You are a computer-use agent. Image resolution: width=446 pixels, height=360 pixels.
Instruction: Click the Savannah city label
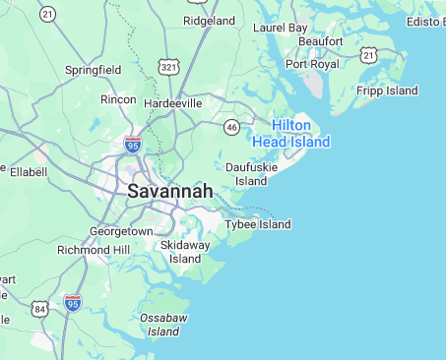click(169, 191)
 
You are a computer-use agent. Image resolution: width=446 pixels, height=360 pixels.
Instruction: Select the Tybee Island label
click(258, 224)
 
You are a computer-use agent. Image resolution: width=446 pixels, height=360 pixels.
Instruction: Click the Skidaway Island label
click(185, 251)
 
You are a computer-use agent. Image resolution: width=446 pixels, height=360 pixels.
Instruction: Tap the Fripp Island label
click(389, 90)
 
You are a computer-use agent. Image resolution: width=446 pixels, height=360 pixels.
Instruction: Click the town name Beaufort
click(320, 41)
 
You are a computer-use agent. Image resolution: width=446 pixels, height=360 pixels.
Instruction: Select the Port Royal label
click(312, 64)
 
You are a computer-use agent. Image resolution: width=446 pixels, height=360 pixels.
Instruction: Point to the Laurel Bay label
click(281, 28)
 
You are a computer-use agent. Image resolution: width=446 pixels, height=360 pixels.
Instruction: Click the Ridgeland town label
click(209, 21)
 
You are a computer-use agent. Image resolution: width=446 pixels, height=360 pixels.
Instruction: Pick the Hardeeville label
click(172, 102)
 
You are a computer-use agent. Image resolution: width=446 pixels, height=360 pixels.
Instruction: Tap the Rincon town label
click(119, 99)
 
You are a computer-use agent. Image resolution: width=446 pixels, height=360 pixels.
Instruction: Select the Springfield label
click(93, 71)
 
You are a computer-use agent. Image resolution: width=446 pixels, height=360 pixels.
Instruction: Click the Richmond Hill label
click(94, 250)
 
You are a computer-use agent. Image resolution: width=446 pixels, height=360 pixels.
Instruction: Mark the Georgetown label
click(121, 231)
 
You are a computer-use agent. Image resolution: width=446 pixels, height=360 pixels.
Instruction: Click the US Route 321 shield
click(169, 67)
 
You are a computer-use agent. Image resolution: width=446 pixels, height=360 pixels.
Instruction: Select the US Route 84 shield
click(39, 309)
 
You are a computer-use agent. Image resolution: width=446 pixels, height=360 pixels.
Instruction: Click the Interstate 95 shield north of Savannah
click(133, 145)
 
